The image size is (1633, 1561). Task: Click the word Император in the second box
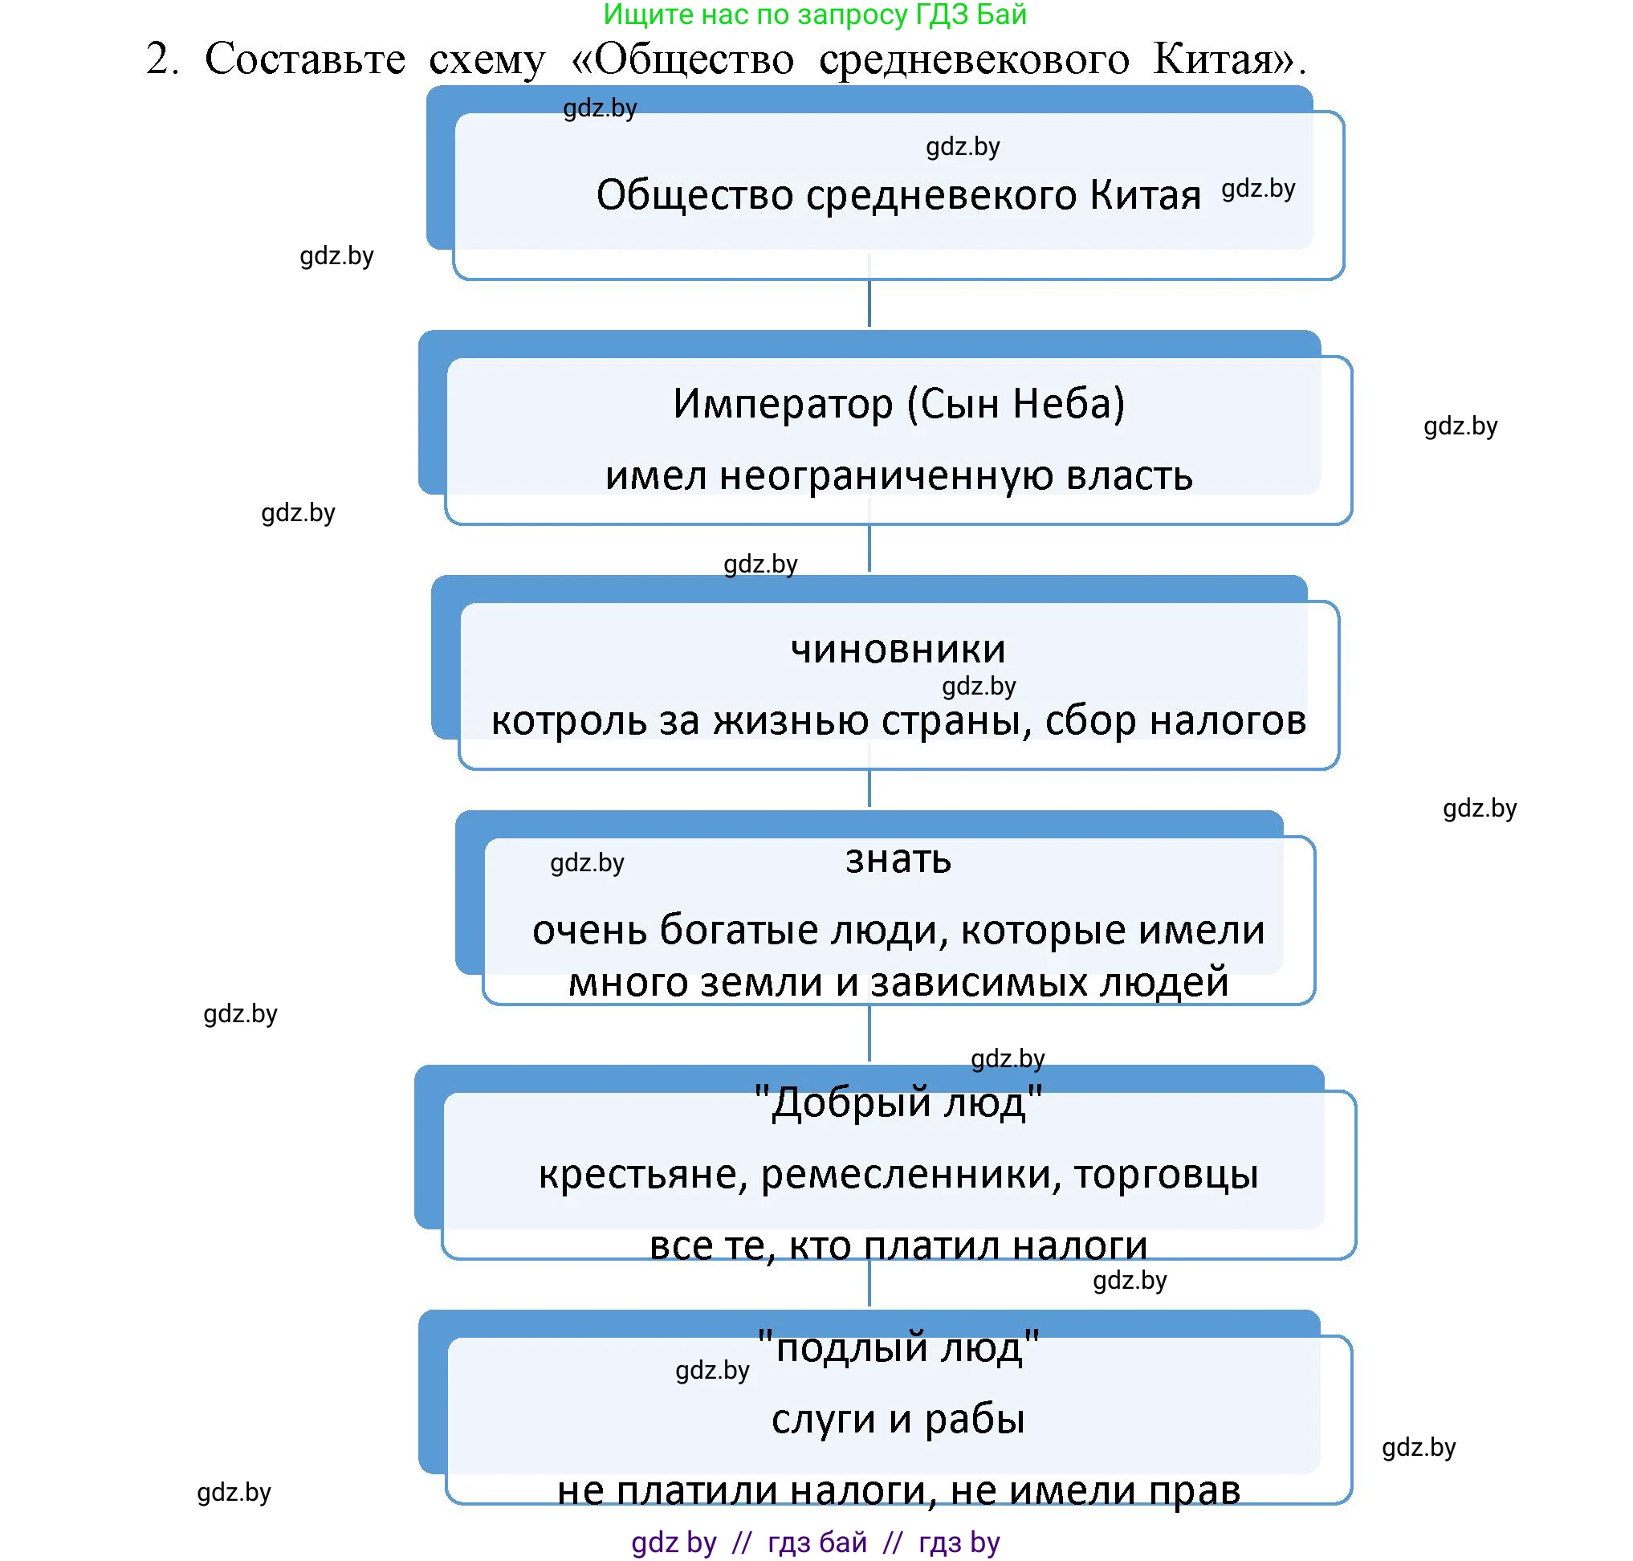pyautogui.click(x=783, y=405)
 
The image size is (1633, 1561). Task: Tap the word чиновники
pyautogui.click(x=898, y=649)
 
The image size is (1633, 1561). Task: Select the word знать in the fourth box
pyautogui.click(x=898, y=859)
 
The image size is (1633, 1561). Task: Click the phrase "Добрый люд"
pyautogui.click(x=898, y=1103)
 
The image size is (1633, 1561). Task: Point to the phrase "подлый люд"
pyautogui.click(x=898, y=1347)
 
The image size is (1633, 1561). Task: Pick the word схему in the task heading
pyautogui.click(x=487, y=59)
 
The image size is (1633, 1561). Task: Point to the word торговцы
pyautogui.click(x=1166, y=1175)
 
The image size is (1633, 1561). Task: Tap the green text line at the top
pyautogui.click(x=814, y=14)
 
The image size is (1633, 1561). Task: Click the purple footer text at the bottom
pyautogui.click(x=814, y=1542)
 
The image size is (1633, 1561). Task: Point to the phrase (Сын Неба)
pyautogui.click(x=1015, y=405)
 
